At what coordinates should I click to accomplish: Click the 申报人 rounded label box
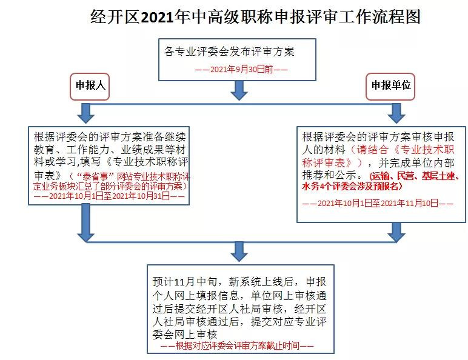[x=90, y=87]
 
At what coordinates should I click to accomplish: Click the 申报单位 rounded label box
[x=390, y=87]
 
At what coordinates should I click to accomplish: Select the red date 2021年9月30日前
[x=241, y=70]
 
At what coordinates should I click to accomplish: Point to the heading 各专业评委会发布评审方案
[x=229, y=52]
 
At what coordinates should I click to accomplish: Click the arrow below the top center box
[x=239, y=90]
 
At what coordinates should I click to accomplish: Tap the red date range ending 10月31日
[x=109, y=196]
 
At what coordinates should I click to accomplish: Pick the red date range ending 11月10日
[x=378, y=203]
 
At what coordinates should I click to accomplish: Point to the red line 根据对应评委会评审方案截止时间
[x=237, y=345]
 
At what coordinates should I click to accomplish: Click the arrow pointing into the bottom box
[x=239, y=252]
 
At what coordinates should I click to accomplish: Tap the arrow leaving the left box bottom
[x=85, y=222]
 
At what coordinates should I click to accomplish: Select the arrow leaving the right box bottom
[x=396, y=232]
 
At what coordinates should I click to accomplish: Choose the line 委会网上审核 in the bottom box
[x=184, y=334]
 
